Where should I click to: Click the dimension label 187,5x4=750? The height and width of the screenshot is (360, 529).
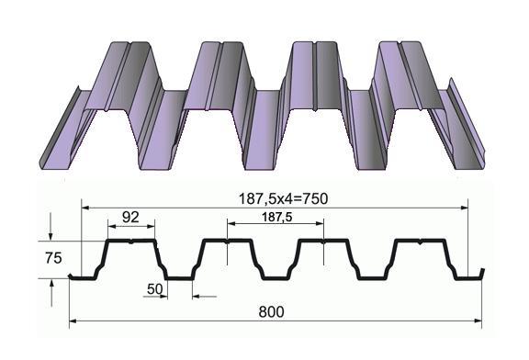click(283, 198)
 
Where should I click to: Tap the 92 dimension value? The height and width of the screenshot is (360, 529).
click(130, 218)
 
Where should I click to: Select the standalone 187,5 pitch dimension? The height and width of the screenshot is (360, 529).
click(277, 217)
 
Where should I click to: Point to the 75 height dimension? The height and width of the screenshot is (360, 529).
click(53, 258)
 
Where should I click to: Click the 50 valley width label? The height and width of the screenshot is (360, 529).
click(155, 288)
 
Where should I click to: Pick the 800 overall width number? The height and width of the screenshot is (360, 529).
click(271, 312)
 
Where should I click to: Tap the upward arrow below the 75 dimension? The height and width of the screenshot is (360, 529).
click(51, 293)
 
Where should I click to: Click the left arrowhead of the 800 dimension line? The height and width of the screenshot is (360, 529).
click(73, 321)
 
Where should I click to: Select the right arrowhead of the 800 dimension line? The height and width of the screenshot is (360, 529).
click(478, 321)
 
